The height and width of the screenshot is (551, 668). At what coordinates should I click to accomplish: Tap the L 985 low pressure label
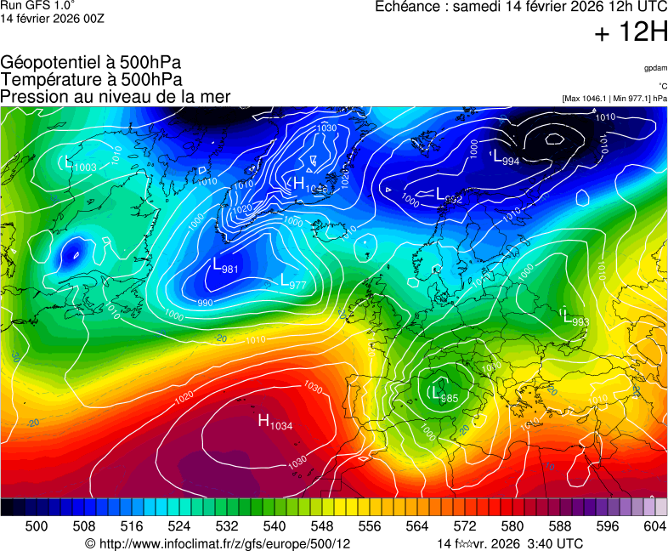(444, 395)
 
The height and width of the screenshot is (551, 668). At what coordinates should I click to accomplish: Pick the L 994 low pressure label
(507, 158)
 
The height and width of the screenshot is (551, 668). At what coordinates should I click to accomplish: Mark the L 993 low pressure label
(576, 319)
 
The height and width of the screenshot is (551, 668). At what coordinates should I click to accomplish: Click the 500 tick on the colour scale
(36, 526)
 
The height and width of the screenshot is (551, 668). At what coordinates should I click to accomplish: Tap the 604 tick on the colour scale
(654, 526)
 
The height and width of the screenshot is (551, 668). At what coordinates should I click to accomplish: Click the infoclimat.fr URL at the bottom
(218, 543)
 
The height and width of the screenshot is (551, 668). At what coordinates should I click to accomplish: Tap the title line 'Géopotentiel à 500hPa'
(91, 63)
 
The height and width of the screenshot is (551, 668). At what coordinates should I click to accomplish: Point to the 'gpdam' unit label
(655, 68)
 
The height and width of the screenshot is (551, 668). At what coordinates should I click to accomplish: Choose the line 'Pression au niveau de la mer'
(116, 97)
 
